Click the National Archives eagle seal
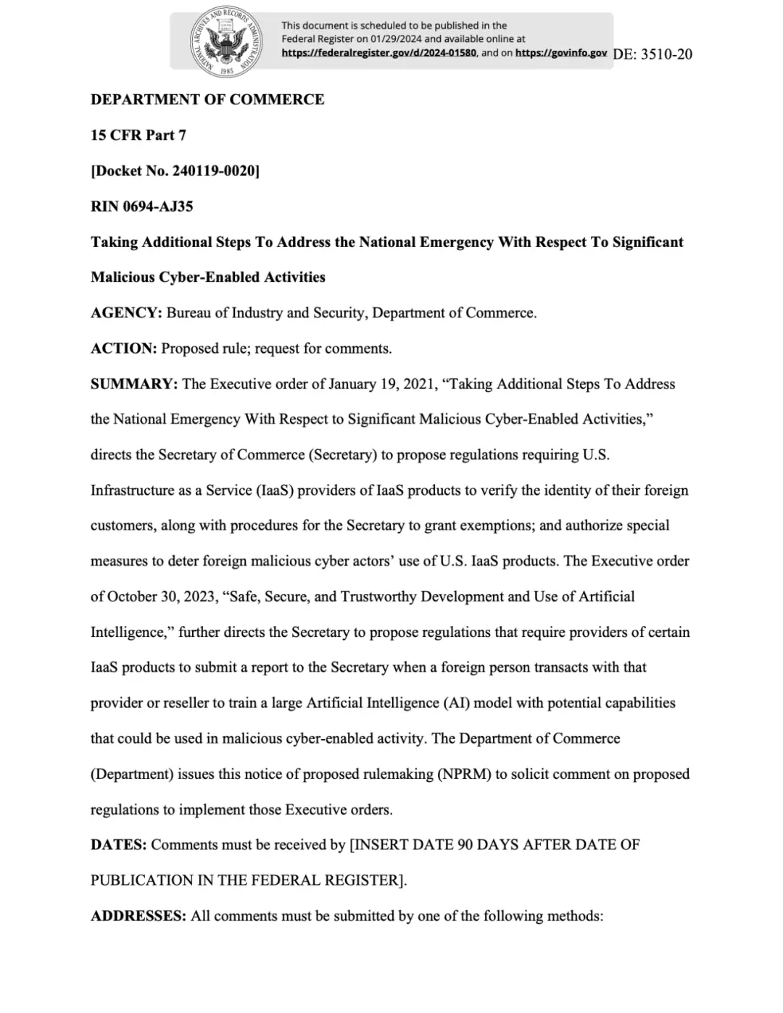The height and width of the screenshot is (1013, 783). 226,41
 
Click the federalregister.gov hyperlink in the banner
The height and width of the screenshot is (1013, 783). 378,53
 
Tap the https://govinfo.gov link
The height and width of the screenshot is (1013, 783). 560,53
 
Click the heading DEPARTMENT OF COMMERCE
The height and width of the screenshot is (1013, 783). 207,99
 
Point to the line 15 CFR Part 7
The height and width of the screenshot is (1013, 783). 138,135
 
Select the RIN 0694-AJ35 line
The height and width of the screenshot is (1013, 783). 142,206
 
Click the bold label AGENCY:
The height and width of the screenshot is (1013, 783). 126,313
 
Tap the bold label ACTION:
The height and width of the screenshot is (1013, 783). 124,349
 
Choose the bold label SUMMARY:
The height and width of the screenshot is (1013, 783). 134,384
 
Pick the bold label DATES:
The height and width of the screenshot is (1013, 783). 119,845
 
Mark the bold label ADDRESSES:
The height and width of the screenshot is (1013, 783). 138,916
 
